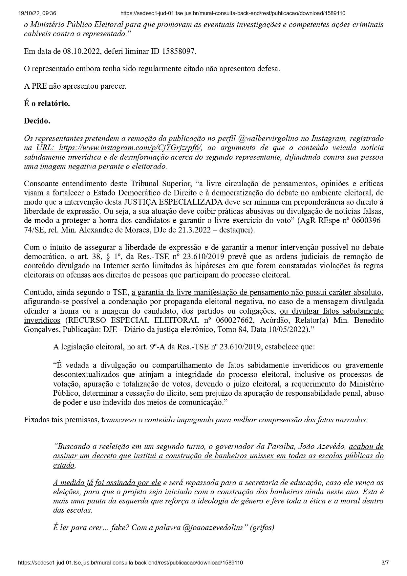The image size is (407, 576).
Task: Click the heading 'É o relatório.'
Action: [x=47, y=103]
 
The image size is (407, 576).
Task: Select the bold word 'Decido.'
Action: [x=37, y=121]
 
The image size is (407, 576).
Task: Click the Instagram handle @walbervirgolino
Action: [x=266, y=139]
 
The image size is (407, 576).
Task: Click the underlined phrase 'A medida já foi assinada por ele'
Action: [x=107, y=482]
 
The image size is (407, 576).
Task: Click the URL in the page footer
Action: [x=131, y=563]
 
